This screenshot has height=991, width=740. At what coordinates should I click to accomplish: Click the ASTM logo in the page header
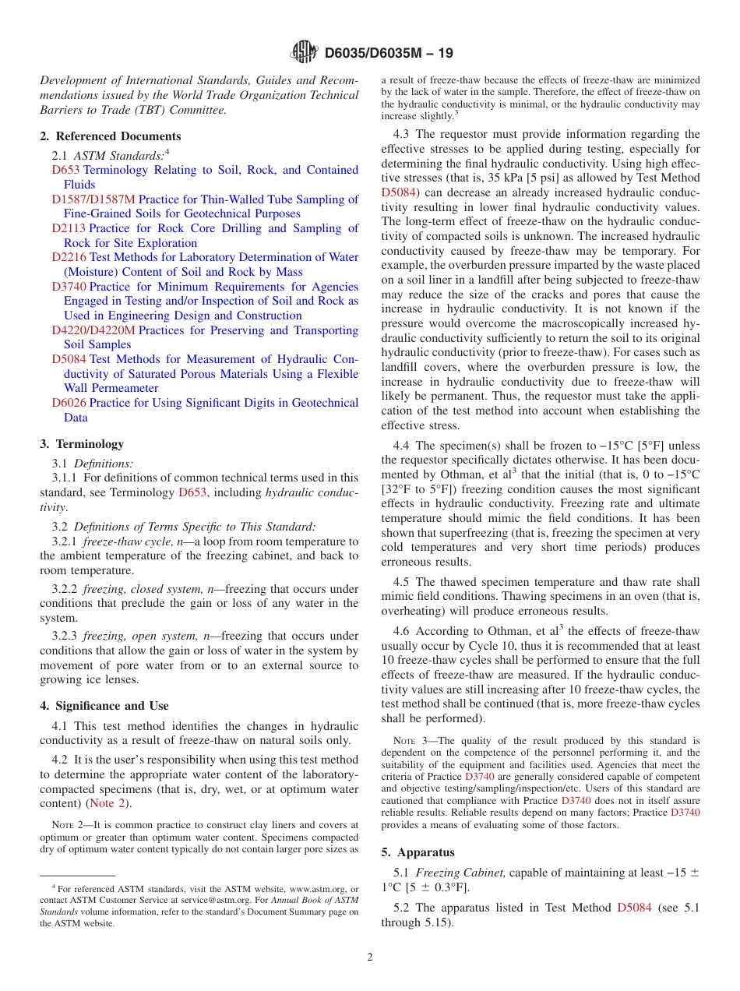pos(304,52)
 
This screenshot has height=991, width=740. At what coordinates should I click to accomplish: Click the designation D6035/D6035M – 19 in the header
pos(389,53)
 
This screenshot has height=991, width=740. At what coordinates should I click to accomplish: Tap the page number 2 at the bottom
pos(370,957)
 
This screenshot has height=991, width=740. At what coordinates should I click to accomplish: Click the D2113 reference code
pos(69,228)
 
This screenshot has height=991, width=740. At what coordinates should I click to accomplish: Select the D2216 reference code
pos(69,257)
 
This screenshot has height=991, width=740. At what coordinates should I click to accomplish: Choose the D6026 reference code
pos(69,403)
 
